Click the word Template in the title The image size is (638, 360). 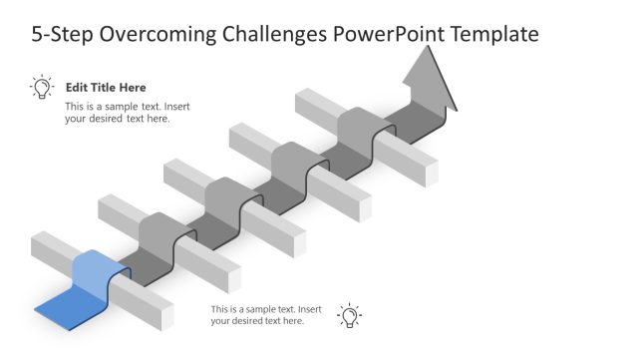click(495, 35)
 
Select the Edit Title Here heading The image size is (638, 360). click(106, 88)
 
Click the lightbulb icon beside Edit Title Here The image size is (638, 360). click(42, 88)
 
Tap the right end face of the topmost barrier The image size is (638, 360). click(431, 174)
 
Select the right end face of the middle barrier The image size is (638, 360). click(298, 243)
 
